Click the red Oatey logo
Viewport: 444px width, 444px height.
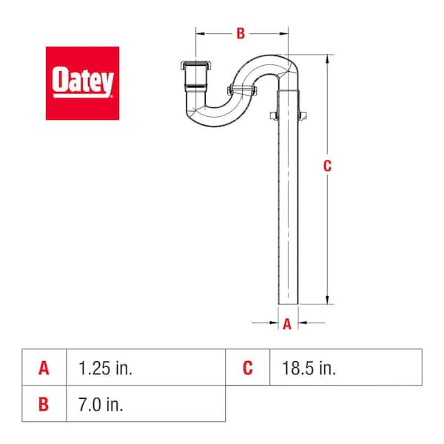(82, 83)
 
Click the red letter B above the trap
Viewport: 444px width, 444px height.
(240, 33)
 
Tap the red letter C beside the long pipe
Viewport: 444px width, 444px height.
(327, 166)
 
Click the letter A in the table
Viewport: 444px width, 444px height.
(44, 368)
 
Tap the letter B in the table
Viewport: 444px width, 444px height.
(44, 404)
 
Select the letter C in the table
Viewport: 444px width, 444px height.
(248, 368)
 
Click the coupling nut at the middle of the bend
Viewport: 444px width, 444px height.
(242, 91)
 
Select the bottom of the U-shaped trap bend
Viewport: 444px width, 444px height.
(207, 117)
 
